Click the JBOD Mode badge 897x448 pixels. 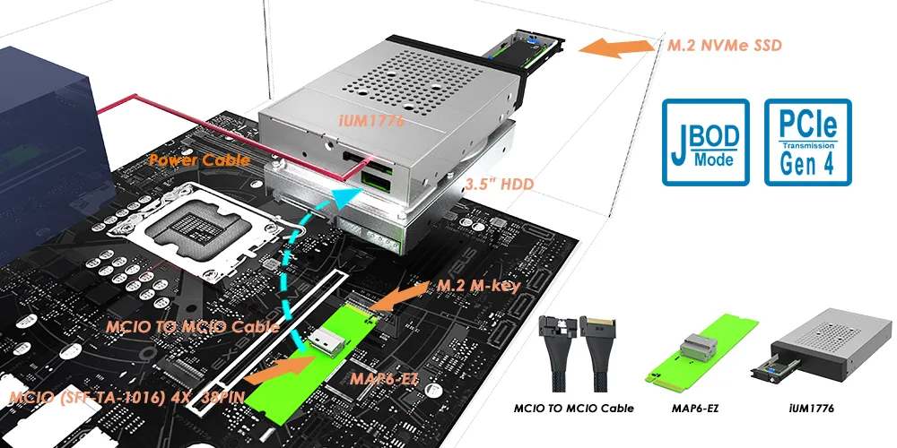point(704,142)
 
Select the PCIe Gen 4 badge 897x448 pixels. point(807,142)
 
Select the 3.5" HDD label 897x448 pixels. point(500,185)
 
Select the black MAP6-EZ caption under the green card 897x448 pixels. point(692,409)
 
